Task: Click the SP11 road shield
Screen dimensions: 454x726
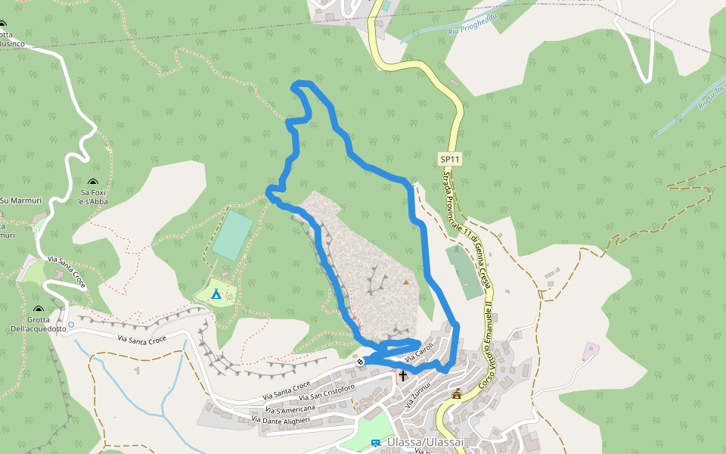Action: [450, 159]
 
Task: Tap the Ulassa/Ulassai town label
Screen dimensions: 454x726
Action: [424, 442]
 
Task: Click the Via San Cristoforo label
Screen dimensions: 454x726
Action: [327, 393]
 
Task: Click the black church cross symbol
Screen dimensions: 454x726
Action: [403, 375]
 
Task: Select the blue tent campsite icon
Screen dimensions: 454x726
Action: [216, 294]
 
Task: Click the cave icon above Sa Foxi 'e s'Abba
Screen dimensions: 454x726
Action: [93, 182]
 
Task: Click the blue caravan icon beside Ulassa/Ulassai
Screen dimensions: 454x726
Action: [376, 443]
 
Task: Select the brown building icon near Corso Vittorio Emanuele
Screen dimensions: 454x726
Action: [457, 393]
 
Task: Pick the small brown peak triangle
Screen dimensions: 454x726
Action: [406, 282]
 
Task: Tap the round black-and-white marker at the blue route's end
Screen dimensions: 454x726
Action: [360, 362]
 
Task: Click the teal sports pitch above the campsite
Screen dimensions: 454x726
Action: [232, 235]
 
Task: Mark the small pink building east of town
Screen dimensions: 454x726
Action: [591, 351]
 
